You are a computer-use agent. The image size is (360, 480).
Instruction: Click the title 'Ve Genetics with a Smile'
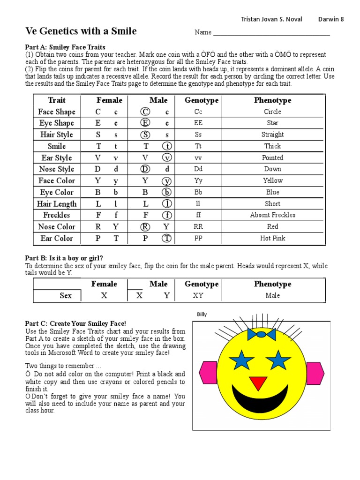81,31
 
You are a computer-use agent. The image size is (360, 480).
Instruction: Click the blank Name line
271,33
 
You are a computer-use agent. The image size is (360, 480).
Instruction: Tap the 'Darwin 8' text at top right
331,19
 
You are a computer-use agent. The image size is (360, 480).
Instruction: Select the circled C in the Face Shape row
145,112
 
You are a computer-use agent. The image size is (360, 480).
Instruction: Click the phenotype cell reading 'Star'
272,123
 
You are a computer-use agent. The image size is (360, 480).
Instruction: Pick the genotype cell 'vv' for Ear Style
198,157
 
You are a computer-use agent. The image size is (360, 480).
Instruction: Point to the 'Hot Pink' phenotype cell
272,238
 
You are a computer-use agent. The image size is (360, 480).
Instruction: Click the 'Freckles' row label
56,215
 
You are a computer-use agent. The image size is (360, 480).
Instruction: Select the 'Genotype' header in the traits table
202,100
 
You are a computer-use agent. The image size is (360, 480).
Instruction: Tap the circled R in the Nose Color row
145,227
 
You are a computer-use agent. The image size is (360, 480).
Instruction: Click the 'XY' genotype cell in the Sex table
198,295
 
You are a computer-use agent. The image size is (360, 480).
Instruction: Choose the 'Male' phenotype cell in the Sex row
272,295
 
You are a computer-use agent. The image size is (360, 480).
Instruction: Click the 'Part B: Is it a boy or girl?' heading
64,258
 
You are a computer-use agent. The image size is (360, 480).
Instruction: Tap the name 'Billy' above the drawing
202,315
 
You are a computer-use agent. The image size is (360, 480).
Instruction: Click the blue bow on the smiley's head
261,334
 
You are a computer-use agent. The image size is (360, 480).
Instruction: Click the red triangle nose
258,382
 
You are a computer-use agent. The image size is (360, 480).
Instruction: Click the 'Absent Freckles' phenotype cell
272,215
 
